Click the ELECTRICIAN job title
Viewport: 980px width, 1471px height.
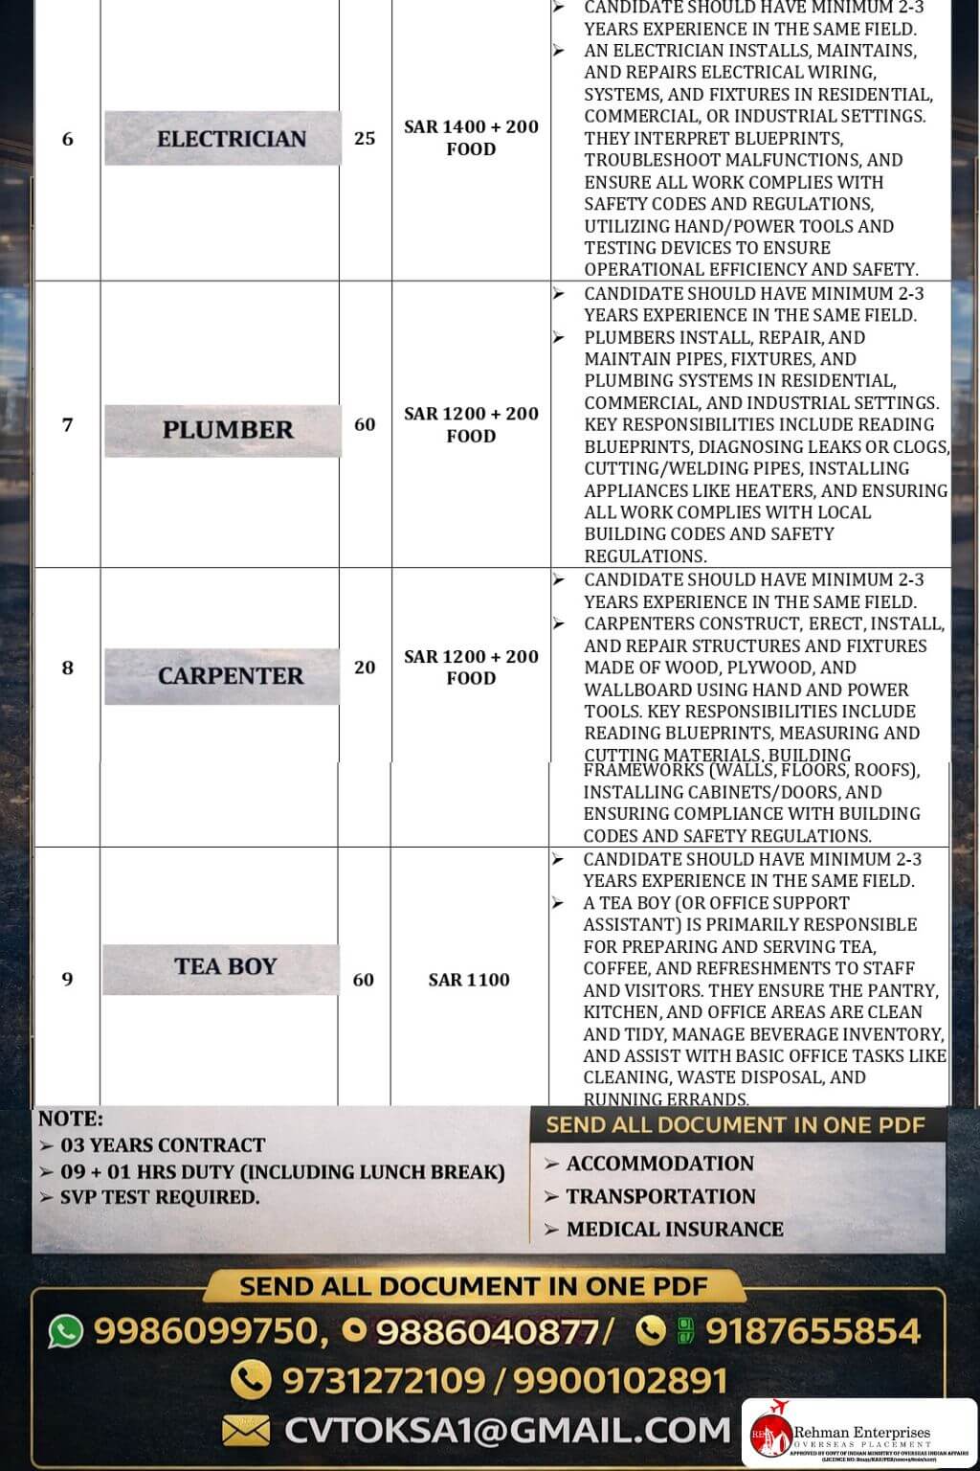click(x=231, y=139)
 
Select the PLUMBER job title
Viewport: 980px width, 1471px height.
click(x=228, y=430)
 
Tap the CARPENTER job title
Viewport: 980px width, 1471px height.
click(x=230, y=676)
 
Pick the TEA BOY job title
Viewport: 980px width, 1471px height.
click(x=225, y=966)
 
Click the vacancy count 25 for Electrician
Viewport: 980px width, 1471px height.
click(x=365, y=138)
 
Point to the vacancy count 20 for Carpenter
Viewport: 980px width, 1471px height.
click(x=365, y=668)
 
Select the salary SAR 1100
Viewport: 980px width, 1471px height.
click(x=469, y=980)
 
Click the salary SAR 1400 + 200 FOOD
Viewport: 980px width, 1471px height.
click(x=471, y=138)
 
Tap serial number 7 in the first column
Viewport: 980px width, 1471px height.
click(x=67, y=424)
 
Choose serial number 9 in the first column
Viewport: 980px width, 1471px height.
click(x=67, y=979)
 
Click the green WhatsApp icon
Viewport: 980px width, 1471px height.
click(x=66, y=1331)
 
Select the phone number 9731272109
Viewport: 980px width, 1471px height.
click(x=384, y=1380)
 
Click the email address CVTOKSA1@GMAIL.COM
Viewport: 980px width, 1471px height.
click(x=507, y=1430)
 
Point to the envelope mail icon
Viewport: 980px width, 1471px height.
click(x=246, y=1431)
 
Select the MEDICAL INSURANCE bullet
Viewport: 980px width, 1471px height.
click(x=674, y=1229)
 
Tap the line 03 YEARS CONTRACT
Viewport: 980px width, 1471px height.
click(x=163, y=1145)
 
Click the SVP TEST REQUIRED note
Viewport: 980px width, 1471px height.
click(x=160, y=1197)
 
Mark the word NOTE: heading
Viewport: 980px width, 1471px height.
click(x=71, y=1119)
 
